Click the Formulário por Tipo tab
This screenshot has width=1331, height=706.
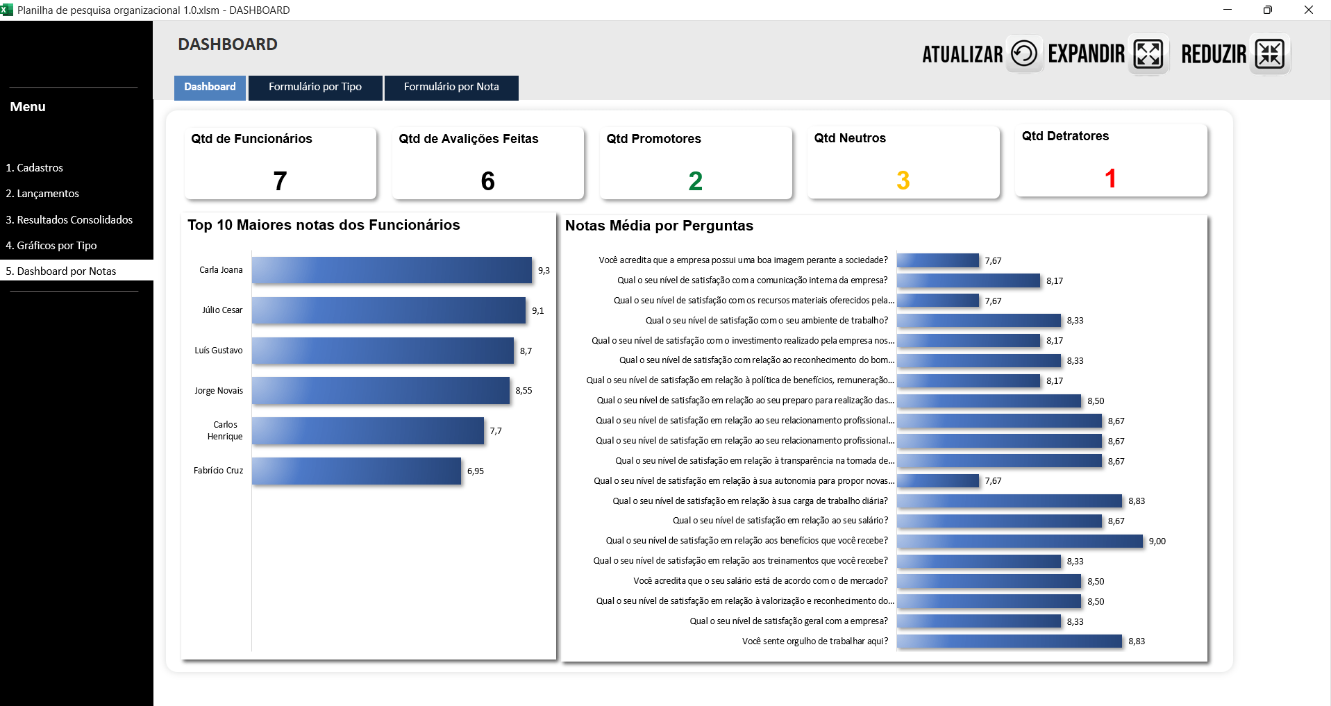pyautogui.click(x=315, y=87)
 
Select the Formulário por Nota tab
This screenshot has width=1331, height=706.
pyautogui.click(x=451, y=87)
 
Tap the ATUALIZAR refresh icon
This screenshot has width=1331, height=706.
pyautogui.click(x=1023, y=53)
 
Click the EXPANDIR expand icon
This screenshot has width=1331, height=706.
pyautogui.click(x=1148, y=53)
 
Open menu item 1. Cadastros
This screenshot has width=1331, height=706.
pyautogui.click(x=35, y=168)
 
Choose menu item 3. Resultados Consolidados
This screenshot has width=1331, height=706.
pyautogui.click(x=69, y=220)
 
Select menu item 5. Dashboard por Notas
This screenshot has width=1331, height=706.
pyautogui.click(x=61, y=271)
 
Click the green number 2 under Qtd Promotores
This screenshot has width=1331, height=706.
pyautogui.click(x=695, y=181)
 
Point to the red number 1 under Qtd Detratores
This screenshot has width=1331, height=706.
pyautogui.click(x=1110, y=179)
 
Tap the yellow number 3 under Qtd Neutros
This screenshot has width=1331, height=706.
pyautogui.click(x=903, y=180)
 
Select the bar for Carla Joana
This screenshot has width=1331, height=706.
pyautogui.click(x=392, y=270)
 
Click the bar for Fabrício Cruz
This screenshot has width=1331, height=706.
pyautogui.click(x=356, y=471)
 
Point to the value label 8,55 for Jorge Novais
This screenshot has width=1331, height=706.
pyautogui.click(x=524, y=391)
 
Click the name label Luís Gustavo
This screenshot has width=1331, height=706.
pyautogui.click(x=219, y=351)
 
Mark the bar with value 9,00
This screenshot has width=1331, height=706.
pyautogui.click(x=1019, y=541)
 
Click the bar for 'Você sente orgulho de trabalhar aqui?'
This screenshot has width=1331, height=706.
pyautogui.click(x=1009, y=641)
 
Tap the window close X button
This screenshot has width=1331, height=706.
pyautogui.click(x=1308, y=10)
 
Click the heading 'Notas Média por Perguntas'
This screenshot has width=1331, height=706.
pyautogui.click(x=659, y=226)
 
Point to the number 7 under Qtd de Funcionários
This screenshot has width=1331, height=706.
pyautogui.click(x=280, y=181)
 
